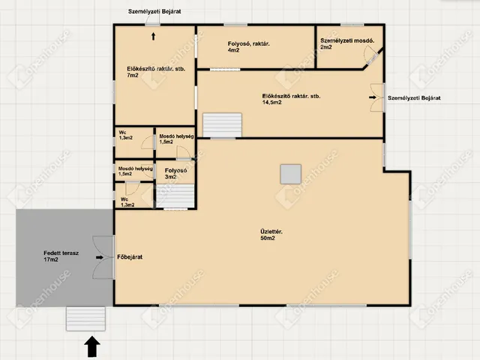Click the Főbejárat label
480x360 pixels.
point(130,257)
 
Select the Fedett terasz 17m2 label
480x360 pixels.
point(61,256)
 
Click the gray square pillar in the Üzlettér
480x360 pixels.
point(291,174)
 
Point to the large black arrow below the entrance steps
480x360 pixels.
point(92,346)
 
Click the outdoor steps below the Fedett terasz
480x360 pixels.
point(86,319)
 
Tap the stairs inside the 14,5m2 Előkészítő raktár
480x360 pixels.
point(223,125)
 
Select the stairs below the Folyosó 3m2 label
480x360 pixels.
point(175,196)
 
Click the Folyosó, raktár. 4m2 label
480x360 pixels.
point(248,46)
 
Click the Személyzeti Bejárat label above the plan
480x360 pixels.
point(154,12)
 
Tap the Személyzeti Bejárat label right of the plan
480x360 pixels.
point(414,98)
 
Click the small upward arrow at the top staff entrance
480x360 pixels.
point(153,37)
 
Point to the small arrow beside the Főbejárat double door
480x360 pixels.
point(100,257)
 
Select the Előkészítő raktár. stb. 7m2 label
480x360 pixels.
point(156,72)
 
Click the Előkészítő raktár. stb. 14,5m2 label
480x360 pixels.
point(292,99)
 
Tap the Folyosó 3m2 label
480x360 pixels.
point(175,173)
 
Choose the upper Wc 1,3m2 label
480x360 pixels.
point(126,135)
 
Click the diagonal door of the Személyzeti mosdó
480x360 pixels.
point(372,57)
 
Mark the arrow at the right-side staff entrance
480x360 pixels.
point(373,97)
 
